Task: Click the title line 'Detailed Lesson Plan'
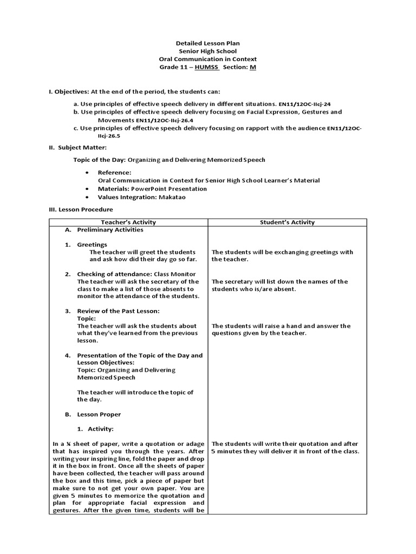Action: pos(207,43)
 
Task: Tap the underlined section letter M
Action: pos(252,67)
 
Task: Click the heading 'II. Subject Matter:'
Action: pos(78,147)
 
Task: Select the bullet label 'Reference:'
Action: pos(114,172)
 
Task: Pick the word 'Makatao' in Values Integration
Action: pos(172,197)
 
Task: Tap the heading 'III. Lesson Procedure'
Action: pos(81,209)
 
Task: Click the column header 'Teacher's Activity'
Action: pos(128,222)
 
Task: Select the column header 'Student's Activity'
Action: pos(287,222)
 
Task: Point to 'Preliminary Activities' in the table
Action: pos(110,230)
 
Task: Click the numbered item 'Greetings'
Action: pos(92,245)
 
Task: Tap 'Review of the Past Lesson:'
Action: pos(118,311)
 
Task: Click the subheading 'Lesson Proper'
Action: pos(99,414)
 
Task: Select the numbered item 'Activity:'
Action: pos(99,429)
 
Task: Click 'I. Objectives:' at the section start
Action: pos(69,92)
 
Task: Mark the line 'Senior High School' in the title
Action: pos(207,51)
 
